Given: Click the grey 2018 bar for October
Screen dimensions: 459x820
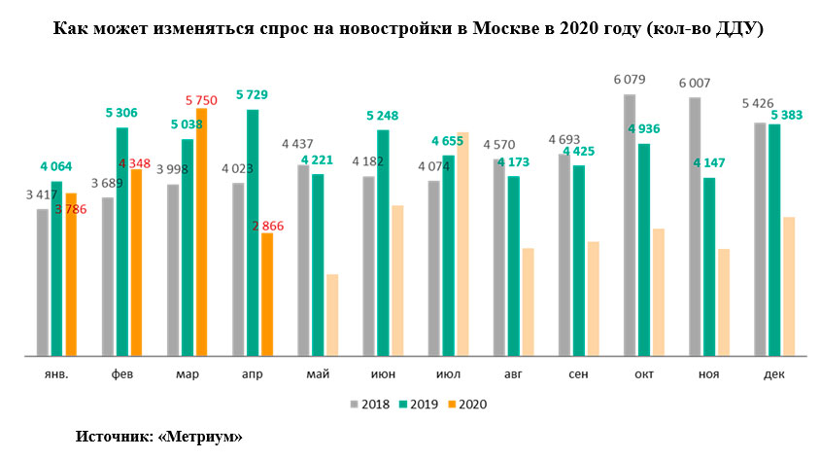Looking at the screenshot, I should coord(630,224).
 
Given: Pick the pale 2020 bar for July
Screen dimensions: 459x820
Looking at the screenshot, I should coord(462,243).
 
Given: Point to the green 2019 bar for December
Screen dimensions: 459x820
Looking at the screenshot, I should coord(774,239).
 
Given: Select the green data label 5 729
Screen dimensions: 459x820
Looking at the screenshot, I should coord(252,94).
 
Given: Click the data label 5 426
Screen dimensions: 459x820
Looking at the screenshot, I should coord(759,103).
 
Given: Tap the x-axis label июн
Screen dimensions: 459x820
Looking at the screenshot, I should coord(382,375).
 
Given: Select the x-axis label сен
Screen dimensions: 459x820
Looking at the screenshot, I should coord(577,375).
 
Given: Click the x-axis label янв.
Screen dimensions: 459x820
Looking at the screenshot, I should coord(56,375).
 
